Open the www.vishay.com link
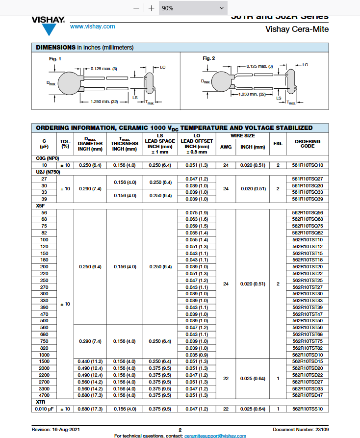[92, 26]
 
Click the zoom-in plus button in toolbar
[152, 8]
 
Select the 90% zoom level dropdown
[193, 8]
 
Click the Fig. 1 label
[55, 59]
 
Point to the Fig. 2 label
[209, 58]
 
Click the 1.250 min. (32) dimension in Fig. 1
[105, 102]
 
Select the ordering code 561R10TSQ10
[308, 165]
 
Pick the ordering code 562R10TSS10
[308, 409]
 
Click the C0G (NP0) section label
[48, 158]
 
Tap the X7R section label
[41, 402]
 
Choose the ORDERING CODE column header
[308, 144]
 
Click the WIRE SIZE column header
[242, 136]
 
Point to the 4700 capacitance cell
[44, 395]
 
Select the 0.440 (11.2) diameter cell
[90, 361]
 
